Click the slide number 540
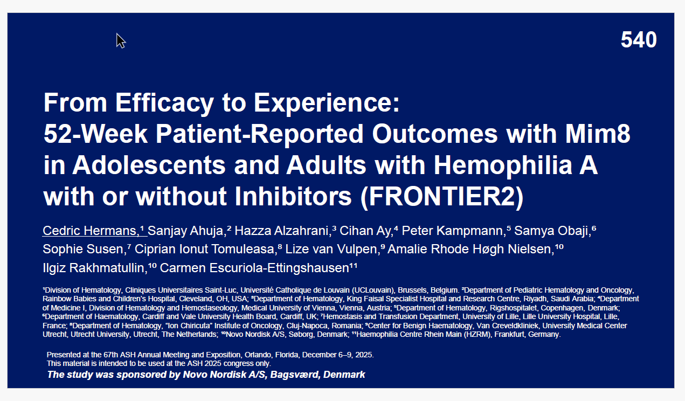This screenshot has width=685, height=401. coord(639,40)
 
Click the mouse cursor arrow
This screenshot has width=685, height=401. coord(121,40)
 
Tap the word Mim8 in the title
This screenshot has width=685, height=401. coord(597,134)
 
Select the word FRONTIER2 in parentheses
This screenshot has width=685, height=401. coord(442,196)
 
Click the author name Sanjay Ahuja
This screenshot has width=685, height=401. coord(185,231)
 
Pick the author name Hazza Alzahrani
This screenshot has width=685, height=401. coord(281,231)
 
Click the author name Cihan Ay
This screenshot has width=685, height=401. coord(366,231)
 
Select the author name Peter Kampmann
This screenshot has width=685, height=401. coord(452,231)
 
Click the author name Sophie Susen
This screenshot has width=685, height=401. coord(82,250)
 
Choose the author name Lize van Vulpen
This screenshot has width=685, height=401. coord(331,250)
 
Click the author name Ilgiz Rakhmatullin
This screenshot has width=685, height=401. coord(93,268)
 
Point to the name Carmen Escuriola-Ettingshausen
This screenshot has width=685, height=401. coord(254,268)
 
